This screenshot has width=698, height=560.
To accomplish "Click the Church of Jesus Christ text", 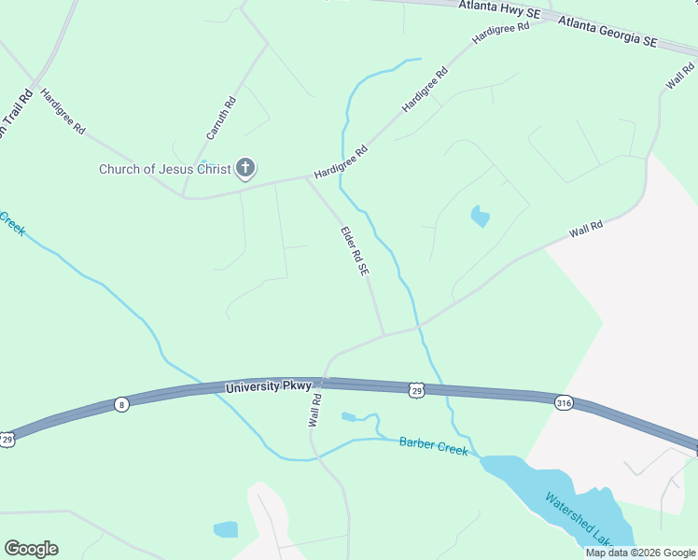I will pyautogui.click(x=165, y=169).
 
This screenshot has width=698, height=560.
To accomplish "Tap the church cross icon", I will pyautogui.click(x=245, y=169).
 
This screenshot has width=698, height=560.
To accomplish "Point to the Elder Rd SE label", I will pyautogui.click(x=355, y=251).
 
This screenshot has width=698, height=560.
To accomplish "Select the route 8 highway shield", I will pyautogui.click(x=120, y=404).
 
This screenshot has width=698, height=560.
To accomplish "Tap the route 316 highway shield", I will pyautogui.click(x=563, y=403).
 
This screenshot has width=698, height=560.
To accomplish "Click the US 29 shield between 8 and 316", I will pyautogui.click(x=416, y=389).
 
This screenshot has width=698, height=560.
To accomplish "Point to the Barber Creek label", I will pyautogui.click(x=433, y=446).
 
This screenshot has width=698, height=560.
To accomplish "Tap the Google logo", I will pyautogui.click(x=31, y=548).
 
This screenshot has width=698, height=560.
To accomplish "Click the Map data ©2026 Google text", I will pyautogui.click(x=640, y=553).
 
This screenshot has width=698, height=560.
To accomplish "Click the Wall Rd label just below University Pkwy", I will pyautogui.click(x=315, y=410).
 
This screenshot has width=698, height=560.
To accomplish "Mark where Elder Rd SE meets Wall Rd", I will pyautogui.click(x=384, y=335).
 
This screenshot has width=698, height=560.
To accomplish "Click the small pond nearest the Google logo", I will pyautogui.click(x=226, y=530).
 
